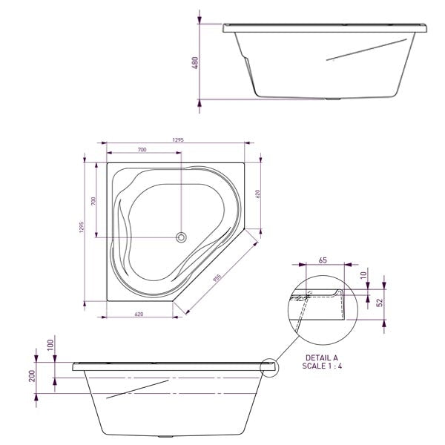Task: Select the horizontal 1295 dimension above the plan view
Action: click(x=177, y=139)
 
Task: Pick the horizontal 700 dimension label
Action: click(x=141, y=151)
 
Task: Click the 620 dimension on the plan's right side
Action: click(x=257, y=194)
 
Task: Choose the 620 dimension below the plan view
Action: click(x=139, y=314)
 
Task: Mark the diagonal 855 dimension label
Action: click(x=217, y=277)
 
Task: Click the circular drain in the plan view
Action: click(x=180, y=237)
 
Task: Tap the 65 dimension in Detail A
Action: click(x=323, y=260)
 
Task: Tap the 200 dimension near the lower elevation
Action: click(x=32, y=377)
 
